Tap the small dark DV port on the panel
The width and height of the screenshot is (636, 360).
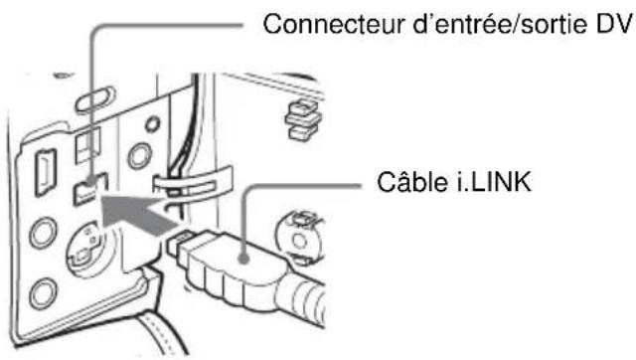90,186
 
